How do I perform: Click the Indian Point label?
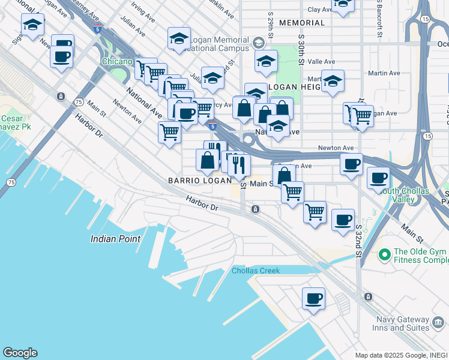tap(115, 239)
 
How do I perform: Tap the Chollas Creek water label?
tap(256, 271)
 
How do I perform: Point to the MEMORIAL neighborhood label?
tap(302, 23)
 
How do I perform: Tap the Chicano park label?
tap(116, 61)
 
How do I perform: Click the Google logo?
tap(19, 353)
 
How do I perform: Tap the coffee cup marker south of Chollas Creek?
tap(313, 299)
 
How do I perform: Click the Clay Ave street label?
tap(320, 10)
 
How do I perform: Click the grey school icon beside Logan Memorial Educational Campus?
tap(258, 43)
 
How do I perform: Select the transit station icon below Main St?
tap(255, 209)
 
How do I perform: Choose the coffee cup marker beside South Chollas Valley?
tap(378, 178)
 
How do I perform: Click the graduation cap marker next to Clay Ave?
tap(342, 5)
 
